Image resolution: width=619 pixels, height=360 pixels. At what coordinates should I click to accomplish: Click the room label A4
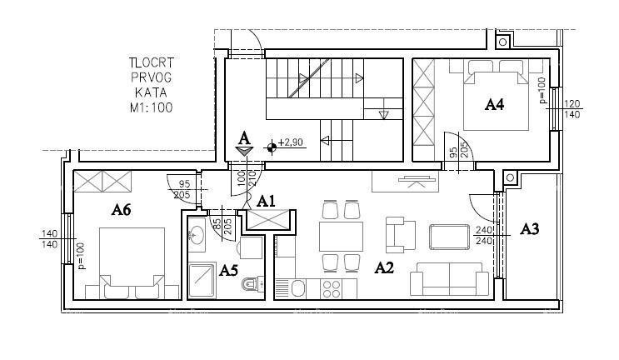pyautogui.click(x=495, y=104)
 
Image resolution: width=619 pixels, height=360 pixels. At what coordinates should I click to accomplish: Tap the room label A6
pyautogui.click(x=122, y=210)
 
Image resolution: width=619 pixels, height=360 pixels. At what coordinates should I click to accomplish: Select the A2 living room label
pyautogui.click(x=383, y=267)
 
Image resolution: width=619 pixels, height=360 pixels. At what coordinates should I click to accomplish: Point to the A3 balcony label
pyautogui.click(x=530, y=228)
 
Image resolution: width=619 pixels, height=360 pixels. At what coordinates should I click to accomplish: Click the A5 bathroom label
pyautogui.click(x=228, y=269)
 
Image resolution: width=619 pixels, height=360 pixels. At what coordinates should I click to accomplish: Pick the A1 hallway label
pyautogui.click(x=266, y=200)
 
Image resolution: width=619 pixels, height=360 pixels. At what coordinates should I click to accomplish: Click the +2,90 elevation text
pyautogui.click(x=292, y=143)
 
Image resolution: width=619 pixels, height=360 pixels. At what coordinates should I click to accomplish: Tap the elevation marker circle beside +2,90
pyautogui.click(x=271, y=147)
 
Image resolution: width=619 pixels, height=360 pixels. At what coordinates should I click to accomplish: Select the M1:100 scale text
pyautogui.click(x=150, y=107)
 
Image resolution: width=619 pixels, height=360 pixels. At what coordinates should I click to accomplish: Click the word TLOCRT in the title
pyautogui.click(x=150, y=62)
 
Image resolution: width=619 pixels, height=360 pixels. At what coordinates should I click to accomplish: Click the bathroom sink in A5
pyautogui.click(x=197, y=235)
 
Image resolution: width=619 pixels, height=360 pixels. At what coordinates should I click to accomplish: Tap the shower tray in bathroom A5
pyautogui.click(x=202, y=280)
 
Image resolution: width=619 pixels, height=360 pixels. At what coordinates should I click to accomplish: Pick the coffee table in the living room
pyautogui.click(x=449, y=237)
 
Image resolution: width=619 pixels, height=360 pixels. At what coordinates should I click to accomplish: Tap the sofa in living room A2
pyautogui.click(x=451, y=278)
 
